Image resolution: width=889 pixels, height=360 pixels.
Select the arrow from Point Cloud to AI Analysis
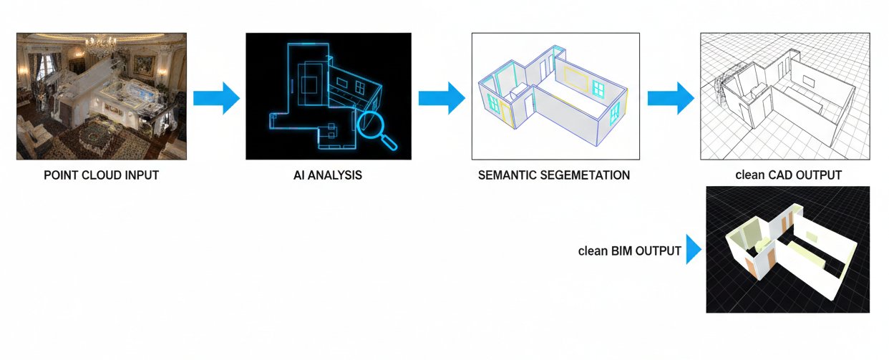[216, 98]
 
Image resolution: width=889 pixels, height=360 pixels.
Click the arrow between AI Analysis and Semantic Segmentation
[442, 98]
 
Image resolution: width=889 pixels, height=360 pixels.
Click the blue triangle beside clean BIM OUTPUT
[693, 250]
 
